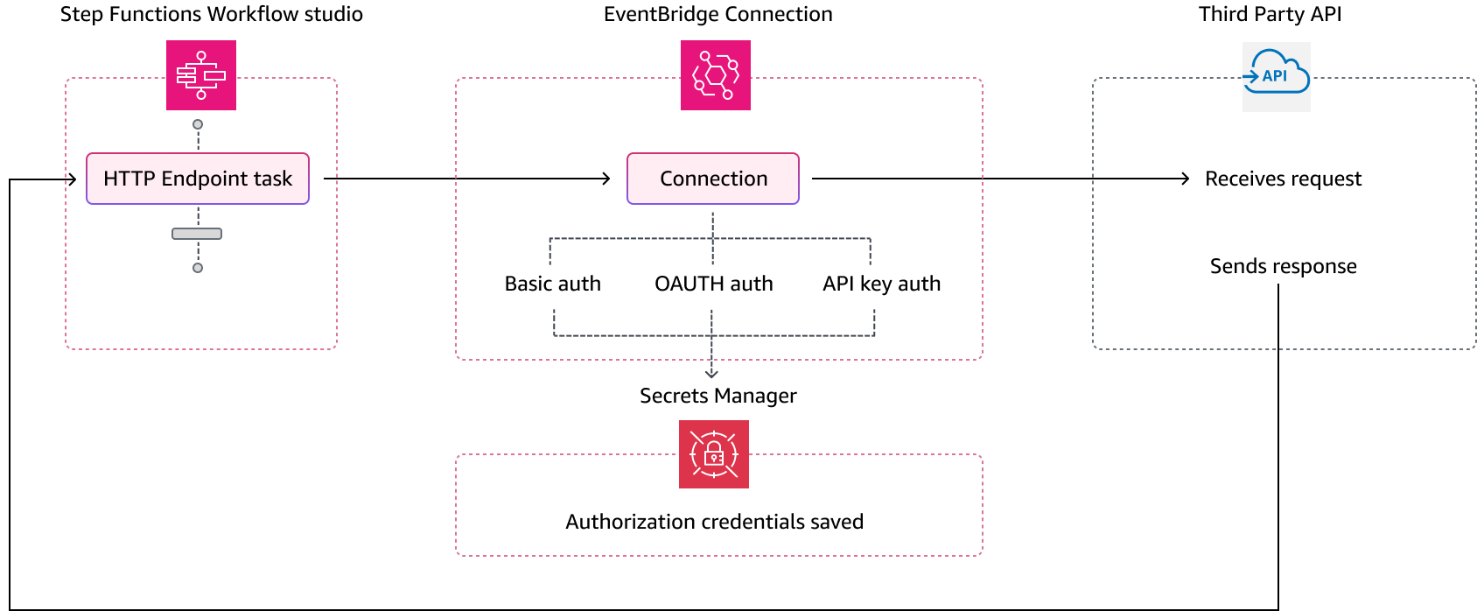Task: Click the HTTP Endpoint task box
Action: click(198, 179)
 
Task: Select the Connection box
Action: click(713, 179)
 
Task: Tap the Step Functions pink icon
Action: click(201, 75)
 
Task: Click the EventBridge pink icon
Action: click(716, 75)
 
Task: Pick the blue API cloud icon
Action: click(1276, 76)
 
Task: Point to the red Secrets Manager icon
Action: click(713, 454)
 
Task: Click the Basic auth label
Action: click(552, 284)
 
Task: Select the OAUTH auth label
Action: click(713, 284)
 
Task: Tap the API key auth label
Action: click(882, 284)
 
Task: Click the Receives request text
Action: click(1283, 179)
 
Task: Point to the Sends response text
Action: click(1283, 266)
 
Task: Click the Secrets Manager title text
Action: click(718, 396)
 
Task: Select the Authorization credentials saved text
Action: click(714, 522)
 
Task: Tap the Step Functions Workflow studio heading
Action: click(212, 15)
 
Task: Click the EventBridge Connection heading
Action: click(718, 15)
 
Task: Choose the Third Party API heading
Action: click(1270, 15)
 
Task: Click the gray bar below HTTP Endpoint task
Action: click(197, 234)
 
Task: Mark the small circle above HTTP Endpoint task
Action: click(198, 124)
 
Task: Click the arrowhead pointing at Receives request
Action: click(1185, 179)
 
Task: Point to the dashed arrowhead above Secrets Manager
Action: click(711, 374)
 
